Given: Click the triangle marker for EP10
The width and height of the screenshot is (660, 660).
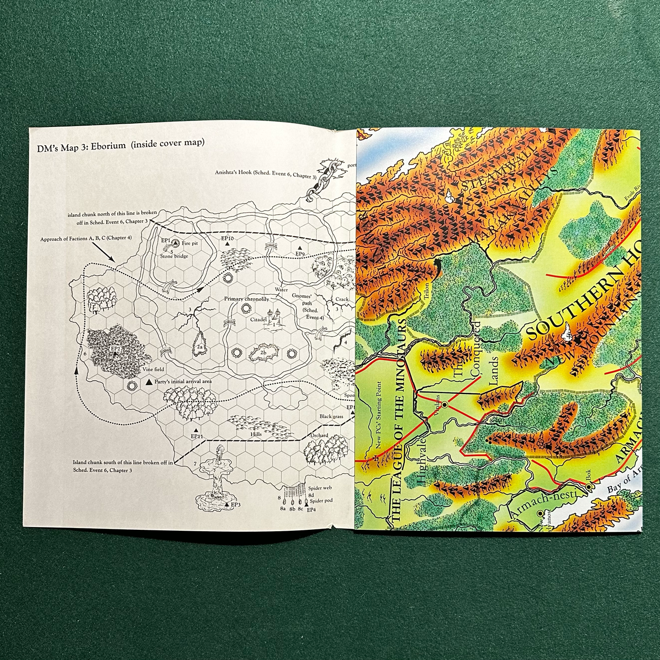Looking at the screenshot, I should coord(227,245).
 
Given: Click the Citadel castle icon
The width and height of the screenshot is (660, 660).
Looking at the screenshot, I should coord(274,316).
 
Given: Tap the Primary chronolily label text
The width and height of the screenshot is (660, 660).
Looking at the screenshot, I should coord(246,299).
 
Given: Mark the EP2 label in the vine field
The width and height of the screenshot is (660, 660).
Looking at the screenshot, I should coord(116,348).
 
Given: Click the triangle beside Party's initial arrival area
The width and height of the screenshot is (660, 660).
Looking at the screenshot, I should coord(149,381).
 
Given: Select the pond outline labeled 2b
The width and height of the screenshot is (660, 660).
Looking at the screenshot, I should coord(262,353).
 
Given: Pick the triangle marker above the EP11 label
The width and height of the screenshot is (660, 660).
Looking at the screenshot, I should coord(195,430).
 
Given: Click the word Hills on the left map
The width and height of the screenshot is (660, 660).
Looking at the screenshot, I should coord(256,434).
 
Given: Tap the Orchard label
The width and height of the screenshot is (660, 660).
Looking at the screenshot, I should coord(320,435).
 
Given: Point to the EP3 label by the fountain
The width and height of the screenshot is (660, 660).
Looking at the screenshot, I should coord(235,505).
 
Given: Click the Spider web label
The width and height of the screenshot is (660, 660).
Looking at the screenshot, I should coord(320,488).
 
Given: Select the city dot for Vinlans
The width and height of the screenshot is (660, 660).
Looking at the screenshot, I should coord(444,404).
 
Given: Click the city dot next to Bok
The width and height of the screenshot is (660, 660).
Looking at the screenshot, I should coord(590,488).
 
